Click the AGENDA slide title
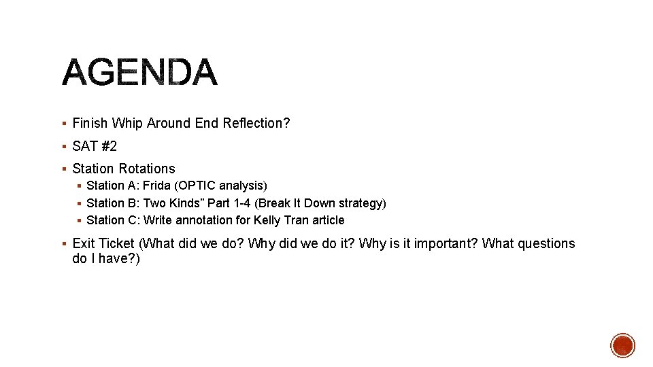click(x=140, y=73)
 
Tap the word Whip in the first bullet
click(x=127, y=123)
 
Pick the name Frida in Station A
click(x=157, y=186)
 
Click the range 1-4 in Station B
click(x=241, y=203)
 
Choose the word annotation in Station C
click(x=205, y=220)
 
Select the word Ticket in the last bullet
click(x=117, y=243)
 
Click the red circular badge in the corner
click(x=622, y=345)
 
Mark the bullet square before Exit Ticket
click(x=63, y=243)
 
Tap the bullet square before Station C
click(x=79, y=220)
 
